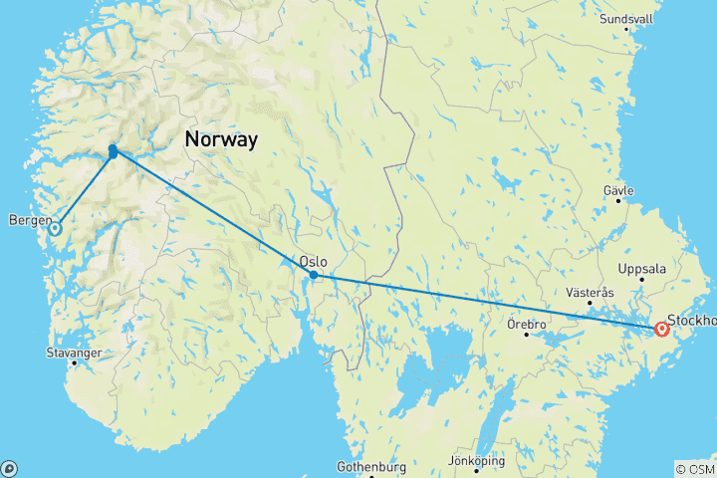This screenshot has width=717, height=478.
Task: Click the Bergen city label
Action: (x=28, y=219)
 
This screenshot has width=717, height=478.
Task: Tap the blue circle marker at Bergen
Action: (x=55, y=228)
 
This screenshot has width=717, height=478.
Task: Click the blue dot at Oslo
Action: (x=314, y=275)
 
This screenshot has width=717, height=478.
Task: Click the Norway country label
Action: (x=221, y=140)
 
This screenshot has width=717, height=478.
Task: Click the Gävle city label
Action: (x=619, y=189)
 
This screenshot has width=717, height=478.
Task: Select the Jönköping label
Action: (x=476, y=461)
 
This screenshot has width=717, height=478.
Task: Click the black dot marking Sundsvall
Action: (x=627, y=28)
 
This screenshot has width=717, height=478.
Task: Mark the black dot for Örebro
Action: (x=528, y=335)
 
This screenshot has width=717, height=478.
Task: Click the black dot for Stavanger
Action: (x=74, y=363)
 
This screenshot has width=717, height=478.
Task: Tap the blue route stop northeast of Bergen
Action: (x=114, y=151)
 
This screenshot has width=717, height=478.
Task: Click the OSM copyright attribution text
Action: (x=694, y=468)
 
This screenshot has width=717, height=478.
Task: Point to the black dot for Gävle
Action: (x=617, y=201)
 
